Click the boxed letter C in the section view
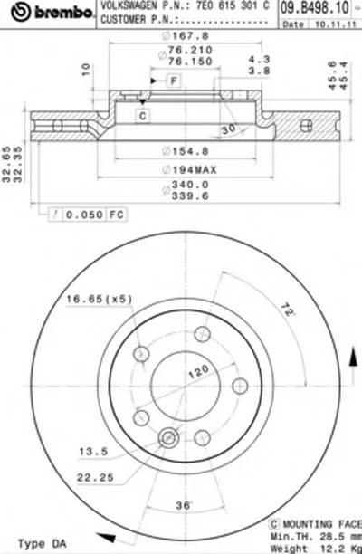(143, 115)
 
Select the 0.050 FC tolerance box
(88, 215)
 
